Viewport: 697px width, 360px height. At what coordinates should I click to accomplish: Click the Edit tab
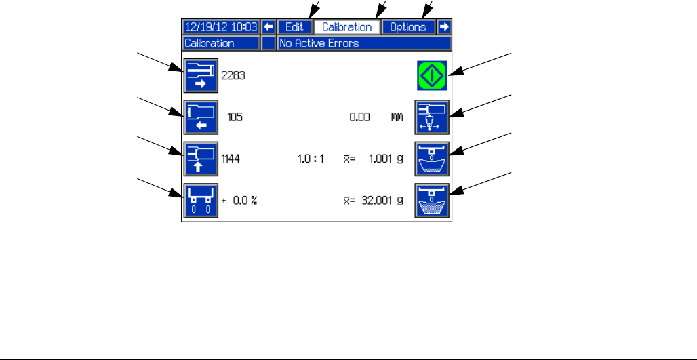click(x=294, y=27)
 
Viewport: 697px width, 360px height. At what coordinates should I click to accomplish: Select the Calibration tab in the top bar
click(x=346, y=27)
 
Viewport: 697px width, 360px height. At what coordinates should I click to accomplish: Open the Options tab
click(x=407, y=27)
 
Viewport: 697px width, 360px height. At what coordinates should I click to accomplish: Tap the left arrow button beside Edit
click(x=268, y=27)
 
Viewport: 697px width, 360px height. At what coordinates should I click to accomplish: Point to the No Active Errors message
click(x=364, y=43)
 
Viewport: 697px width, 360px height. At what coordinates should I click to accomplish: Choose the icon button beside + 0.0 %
click(x=201, y=201)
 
